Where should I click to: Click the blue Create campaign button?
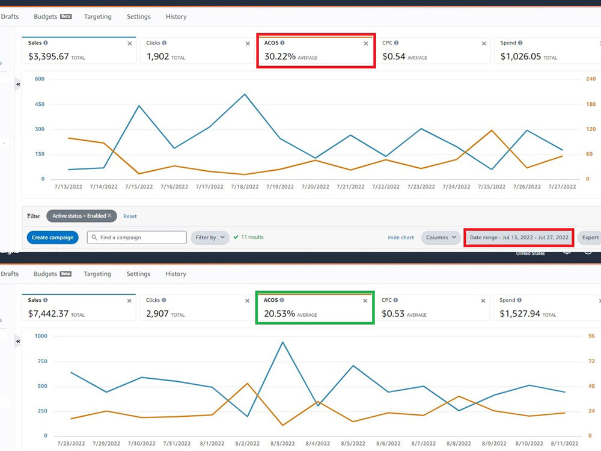(x=52, y=238)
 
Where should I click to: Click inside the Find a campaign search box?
(x=137, y=238)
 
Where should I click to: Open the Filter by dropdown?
(x=210, y=238)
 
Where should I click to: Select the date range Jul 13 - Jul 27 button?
(x=519, y=238)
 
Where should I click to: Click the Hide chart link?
(x=401, y=238)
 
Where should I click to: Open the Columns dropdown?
(x=441, y=238)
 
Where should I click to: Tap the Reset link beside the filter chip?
(x=130, y=216)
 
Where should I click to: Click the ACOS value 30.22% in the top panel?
(x=280, y=57)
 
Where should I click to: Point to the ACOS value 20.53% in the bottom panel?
(x=279, y=314)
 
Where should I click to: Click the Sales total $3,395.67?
(x=48, y=57)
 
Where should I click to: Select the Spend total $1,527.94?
(x=520, y=314)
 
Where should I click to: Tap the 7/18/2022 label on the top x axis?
(x=245, y=187)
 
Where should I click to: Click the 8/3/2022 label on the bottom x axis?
(x=282, y=443)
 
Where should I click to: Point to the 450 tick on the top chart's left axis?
(x=40, y=104)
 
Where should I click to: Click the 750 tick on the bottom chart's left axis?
(x=42, y=361)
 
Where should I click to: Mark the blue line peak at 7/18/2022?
(x=245, y=94)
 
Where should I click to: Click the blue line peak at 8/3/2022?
(x=282, y=342)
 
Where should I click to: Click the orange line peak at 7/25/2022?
(x=492, y=130)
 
